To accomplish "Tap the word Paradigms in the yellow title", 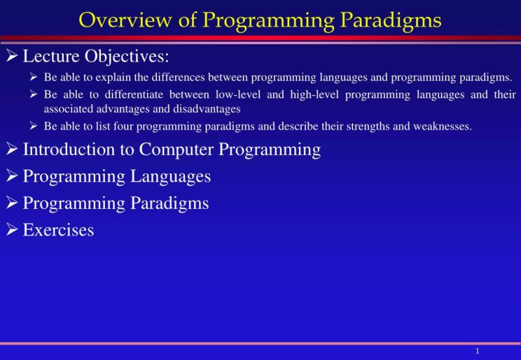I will (x=389, y=20).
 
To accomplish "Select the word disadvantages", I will (x=208, y=109).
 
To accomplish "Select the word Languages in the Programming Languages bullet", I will (x=171, y=176).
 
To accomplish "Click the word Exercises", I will (x=58, y=230).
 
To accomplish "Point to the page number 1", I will (x=477, y=352).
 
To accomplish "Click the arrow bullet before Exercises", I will (x=12, y=230).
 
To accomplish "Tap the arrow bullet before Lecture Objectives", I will (x=12, y=57).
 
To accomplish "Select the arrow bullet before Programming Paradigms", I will (x=12, y=203).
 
